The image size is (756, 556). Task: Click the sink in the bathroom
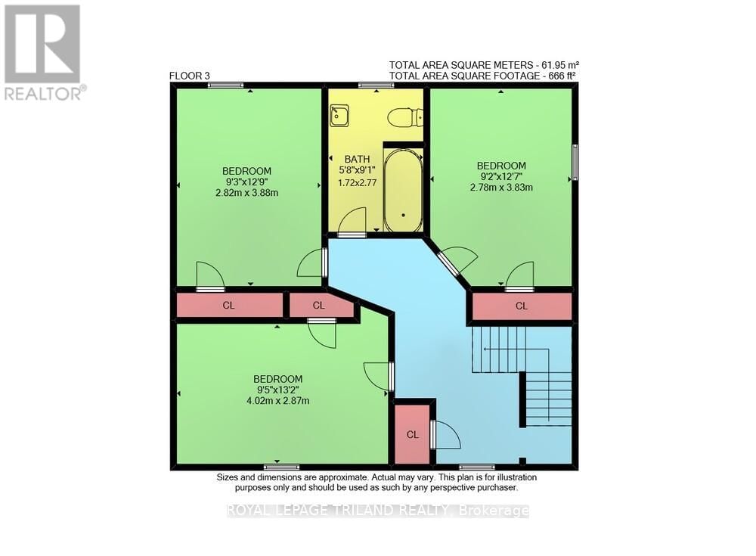click(339, 116)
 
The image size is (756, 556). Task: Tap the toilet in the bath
click(404, 118)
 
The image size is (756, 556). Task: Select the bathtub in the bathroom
click(403, 189)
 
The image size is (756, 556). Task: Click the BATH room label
click(358, 159)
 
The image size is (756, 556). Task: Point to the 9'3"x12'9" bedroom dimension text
click(246, 182)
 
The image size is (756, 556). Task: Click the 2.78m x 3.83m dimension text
click(500, 187)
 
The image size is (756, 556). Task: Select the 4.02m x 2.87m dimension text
click(277, 401)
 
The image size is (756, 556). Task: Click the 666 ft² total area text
click(558, 76)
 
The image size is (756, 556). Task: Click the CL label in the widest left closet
click(228, 306)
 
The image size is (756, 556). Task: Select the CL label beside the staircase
click(522, 306)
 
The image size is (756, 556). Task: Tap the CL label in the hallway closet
click(413, 434)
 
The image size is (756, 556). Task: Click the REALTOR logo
click(43, 53)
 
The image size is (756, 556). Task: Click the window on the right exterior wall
click(575, 162)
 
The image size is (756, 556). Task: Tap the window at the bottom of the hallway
click(476, 467)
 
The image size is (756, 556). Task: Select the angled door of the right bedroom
click(454, 261)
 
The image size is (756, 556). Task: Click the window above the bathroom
click(376, 85)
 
